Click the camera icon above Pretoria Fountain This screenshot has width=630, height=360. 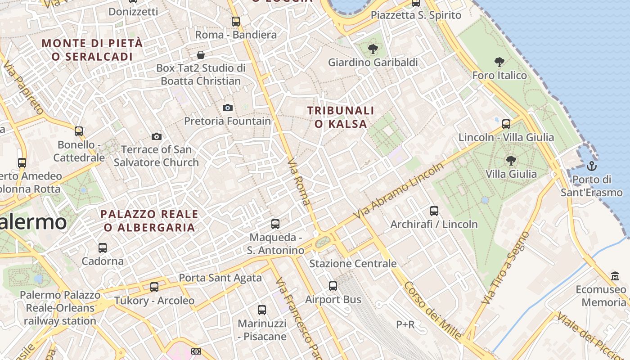pyautogui.click(x=228, y=108)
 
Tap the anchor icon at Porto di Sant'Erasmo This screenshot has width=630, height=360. pyautogui.click(x=592, y=166)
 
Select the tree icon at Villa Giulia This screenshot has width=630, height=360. pyautogui.click(x=511, y=160)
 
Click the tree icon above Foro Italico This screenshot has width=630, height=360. pyautogui.click(x=499, y=62)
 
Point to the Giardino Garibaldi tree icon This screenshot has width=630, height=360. pyautogui.click(x=373, y=49)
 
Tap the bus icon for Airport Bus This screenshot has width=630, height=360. pyautogui.click(x=333, y=286)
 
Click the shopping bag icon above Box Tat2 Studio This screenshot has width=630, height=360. pyautogui.click(x=201, y=55)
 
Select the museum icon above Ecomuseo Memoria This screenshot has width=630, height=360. pyautogui.click(x=615, y=276)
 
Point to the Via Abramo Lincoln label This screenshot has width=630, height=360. pyautogui.click(x=398, y=191)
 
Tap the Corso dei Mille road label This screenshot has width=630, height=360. pyautogui.click(x=432, y=310)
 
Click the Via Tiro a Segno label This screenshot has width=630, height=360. pyautogui.click(x=505, y=268)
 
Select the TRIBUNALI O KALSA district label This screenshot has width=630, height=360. pyautogui.click(x=341, y=117)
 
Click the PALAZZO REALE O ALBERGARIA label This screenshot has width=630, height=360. pyautogui.click(x=149, y=220)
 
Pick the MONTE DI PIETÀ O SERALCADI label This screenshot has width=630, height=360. pyautogui.click(x=92, y=50)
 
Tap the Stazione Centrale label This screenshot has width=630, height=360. pyautogui.click(x=353, y=264)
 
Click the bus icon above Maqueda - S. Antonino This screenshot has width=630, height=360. pyautogui.click(x=275, y=224)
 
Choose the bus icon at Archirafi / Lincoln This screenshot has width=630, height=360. pyautogui.click(x=434, y=211)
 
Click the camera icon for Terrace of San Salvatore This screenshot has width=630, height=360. pyautogui.click(x=157, y=136)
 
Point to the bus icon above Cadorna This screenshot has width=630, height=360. pyautogui.click(x=103, y=247)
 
